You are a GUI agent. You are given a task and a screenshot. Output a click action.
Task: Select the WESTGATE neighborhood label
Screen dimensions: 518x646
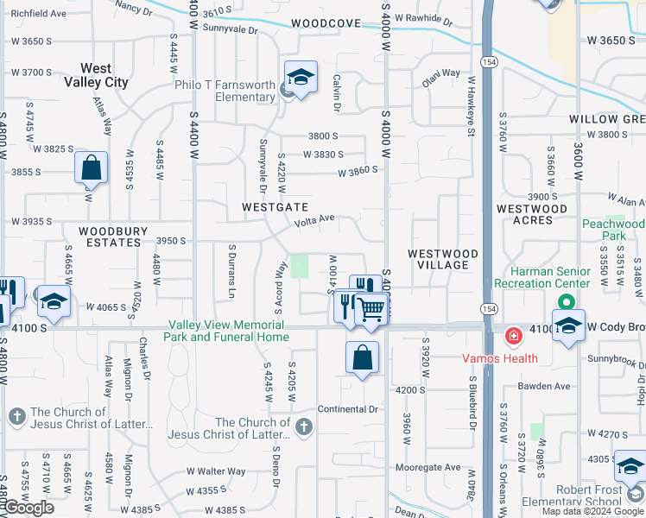pyautogui.click(x=275, y=207)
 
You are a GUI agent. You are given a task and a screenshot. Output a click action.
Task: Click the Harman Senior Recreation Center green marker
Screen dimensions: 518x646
pyautogui.click(x=567, y=302)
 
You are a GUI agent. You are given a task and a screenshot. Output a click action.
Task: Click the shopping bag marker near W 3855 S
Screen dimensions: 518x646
pyautogui.click(x=91, y=168)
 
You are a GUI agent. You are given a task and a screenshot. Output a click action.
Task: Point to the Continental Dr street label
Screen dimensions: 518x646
pyautogui.click(x=348, y=408)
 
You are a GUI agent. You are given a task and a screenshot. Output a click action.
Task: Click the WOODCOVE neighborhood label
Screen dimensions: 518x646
pyautogui.click(x=326, y=23)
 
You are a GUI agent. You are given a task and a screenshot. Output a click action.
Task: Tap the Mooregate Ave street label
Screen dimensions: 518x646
pyautogui.click(x=427, y=467)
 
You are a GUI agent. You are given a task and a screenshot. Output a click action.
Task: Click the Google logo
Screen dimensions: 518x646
pyautogui.click(x=28, y=508)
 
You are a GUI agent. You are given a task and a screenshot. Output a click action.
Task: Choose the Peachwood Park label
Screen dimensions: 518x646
pyautogui.click(x=613, y=229)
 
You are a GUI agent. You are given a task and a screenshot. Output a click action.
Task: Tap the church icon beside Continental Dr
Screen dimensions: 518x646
pyautogui.click(x=302, y=426)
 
